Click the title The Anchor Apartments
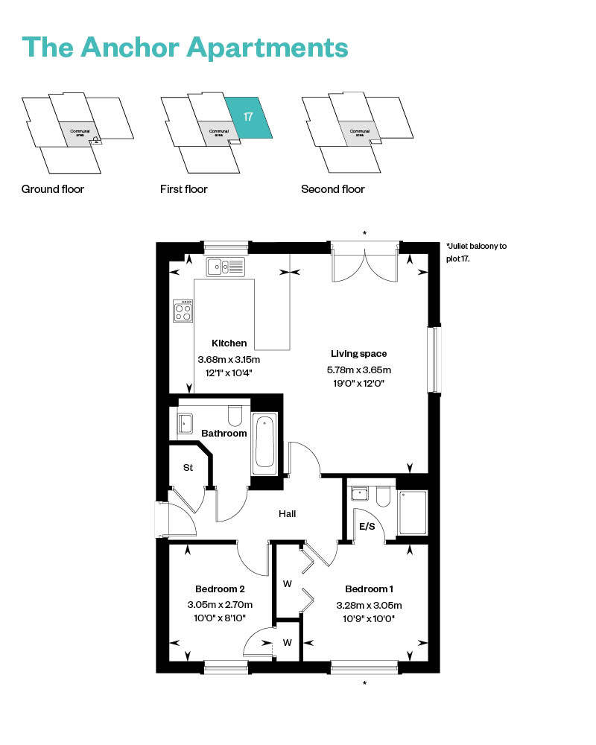[x=186, y=46]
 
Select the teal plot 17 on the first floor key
[x=248, y=118]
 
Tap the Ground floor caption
[x=53, y=189]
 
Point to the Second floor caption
[x=333, y=189]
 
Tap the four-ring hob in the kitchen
[x=183, y=311]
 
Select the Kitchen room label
[x=229, y=343]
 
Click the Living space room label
[x=359, y=353]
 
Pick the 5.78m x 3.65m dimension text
[x=359, y=369]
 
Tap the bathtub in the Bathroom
[x=264, y=443]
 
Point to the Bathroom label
[x=224, y=433]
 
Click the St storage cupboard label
[x=188, y=467]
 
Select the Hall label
[x=288, y=513]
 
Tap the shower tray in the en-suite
[x=412, y=512]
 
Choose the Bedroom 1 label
[x=369, y=589]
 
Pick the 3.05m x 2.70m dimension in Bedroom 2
[x=221, y=604]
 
